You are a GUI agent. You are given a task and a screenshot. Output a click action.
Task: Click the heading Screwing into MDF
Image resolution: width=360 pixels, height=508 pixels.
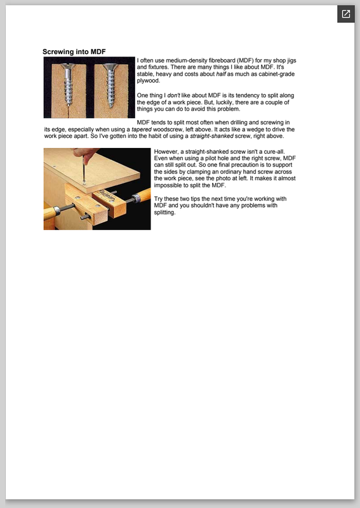[74, 52]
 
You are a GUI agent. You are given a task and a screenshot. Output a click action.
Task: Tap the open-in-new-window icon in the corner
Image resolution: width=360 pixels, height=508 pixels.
[346, 14]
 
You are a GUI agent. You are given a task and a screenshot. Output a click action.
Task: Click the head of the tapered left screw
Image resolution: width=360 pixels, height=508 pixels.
[68, 67]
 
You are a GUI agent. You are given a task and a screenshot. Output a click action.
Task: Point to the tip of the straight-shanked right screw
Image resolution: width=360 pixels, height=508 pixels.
[111, 107]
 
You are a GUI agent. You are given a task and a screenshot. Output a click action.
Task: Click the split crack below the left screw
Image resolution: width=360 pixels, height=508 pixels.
[69, 112]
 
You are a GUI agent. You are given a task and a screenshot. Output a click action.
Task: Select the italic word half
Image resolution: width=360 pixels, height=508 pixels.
[221, 74]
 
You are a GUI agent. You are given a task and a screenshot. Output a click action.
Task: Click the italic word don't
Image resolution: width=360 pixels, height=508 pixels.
[173, 96]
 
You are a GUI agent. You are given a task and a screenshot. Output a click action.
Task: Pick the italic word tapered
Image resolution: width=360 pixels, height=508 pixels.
[142, 130]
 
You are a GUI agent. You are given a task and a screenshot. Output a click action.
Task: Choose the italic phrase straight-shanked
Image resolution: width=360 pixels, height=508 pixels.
[211, 136]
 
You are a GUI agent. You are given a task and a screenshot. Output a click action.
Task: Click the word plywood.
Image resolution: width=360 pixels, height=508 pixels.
[149, 81]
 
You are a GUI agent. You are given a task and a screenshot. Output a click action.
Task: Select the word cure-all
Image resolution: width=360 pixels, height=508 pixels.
[274, 152]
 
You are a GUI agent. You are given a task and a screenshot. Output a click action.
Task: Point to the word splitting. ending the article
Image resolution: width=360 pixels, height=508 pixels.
[164, 213]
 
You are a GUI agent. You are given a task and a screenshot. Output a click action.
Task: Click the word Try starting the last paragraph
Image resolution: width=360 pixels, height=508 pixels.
[158, 199]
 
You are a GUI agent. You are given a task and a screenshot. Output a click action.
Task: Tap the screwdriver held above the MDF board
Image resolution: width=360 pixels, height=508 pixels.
[84, 168]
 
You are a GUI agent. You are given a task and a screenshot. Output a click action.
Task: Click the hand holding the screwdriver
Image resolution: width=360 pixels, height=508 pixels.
[85, 152]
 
